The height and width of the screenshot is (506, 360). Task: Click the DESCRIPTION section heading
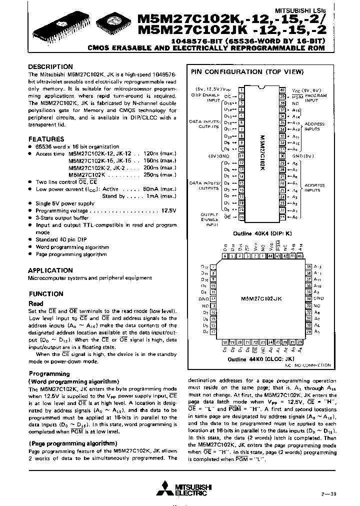[x=50, y=66]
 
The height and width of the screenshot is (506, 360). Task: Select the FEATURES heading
[x=46, y=139]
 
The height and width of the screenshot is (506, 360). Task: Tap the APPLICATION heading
[x=50, y=270]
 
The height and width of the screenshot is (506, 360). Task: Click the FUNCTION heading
[x=45, y=294]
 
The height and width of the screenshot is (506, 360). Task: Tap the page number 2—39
[x=329, y=492]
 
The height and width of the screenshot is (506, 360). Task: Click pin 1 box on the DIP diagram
[x=241, y=90]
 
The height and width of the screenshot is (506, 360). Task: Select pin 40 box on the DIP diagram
[x=282, y=90]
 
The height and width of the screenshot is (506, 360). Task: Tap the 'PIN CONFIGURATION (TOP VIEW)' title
[x=247, y=72]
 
